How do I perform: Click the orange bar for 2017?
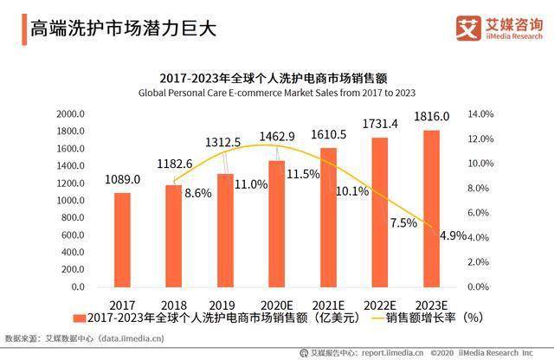click(x=122, y=240)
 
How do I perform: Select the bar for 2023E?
click(x=431, y=209)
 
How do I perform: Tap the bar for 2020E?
click(x=277, y=224)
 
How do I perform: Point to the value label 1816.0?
click(x=431, y=116)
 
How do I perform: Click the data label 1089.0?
click(x=122, y=179)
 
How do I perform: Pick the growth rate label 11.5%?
click(x=303, y=174)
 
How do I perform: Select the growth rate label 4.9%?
click(x=453, y=235)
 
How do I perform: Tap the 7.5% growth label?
click(x=403, y=223)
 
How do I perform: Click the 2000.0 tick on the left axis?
click(x=70, y=113)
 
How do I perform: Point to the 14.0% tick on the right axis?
click(x=480, y=113)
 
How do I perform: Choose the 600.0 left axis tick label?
click(x=73, y=235)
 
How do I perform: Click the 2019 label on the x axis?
click(x=222, y=305)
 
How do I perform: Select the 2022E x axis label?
click(x=380, y=305)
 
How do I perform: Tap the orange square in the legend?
click(x=80, y=318)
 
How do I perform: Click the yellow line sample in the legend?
click(x=377, y=318)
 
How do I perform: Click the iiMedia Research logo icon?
click(x=468, y=28)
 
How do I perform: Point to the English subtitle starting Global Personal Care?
click(x=277, y=93)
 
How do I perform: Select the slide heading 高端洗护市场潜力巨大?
click(x=123, y=29)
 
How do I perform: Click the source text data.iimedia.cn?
click(x=131, y=338)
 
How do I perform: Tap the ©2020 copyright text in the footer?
click(x=442, y=352)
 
